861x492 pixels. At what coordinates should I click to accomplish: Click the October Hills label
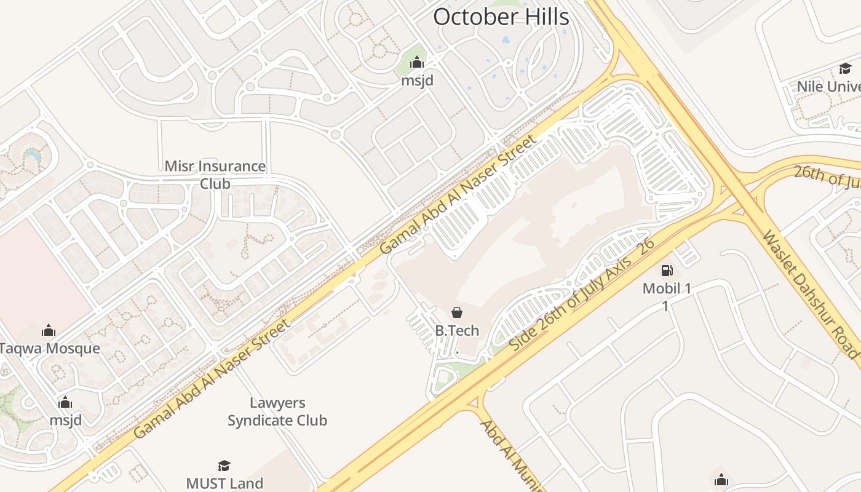pyautogui.click(x=501, y=17)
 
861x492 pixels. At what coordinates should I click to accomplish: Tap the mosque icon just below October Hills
pyautogui.click(x=418, y=62)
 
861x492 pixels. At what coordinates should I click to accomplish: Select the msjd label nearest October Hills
pyautogui.click(x=418, y=81)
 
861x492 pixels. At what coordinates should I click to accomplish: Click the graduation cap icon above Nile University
pyautogui.click(x=845, y=68)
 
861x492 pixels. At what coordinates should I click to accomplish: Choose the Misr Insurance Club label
pyautogui.click(x=215, y=175)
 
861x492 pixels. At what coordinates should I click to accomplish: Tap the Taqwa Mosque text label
pyautogui.click(x=49, y=349)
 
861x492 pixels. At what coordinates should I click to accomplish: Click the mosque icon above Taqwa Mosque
pyautogui.click(x=49, y=331)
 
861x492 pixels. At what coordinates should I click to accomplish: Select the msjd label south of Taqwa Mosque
pyautogui.click(x=65, y=421)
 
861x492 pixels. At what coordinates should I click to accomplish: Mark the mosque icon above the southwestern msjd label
pyautogui.click(x=65, y=403)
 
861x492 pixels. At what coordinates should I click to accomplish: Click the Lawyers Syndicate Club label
pyautogui.click(x=277, y=412)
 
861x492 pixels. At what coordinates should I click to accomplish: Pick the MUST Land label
pyautogui.click(x=224, y=483)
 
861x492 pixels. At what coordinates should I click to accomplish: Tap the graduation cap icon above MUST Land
pyautogui.click(x=224, y=466)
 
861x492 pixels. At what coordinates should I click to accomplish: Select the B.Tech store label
pyautogui.click(x=457, y=330)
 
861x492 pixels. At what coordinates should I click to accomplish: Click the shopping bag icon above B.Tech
pyautogui.click(x=457, y=312)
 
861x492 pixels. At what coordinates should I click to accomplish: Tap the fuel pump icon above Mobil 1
pyautogui.click(x=667, y=271)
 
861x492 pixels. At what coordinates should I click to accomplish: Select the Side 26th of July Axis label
pyautogui.click(x=581, y=296)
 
